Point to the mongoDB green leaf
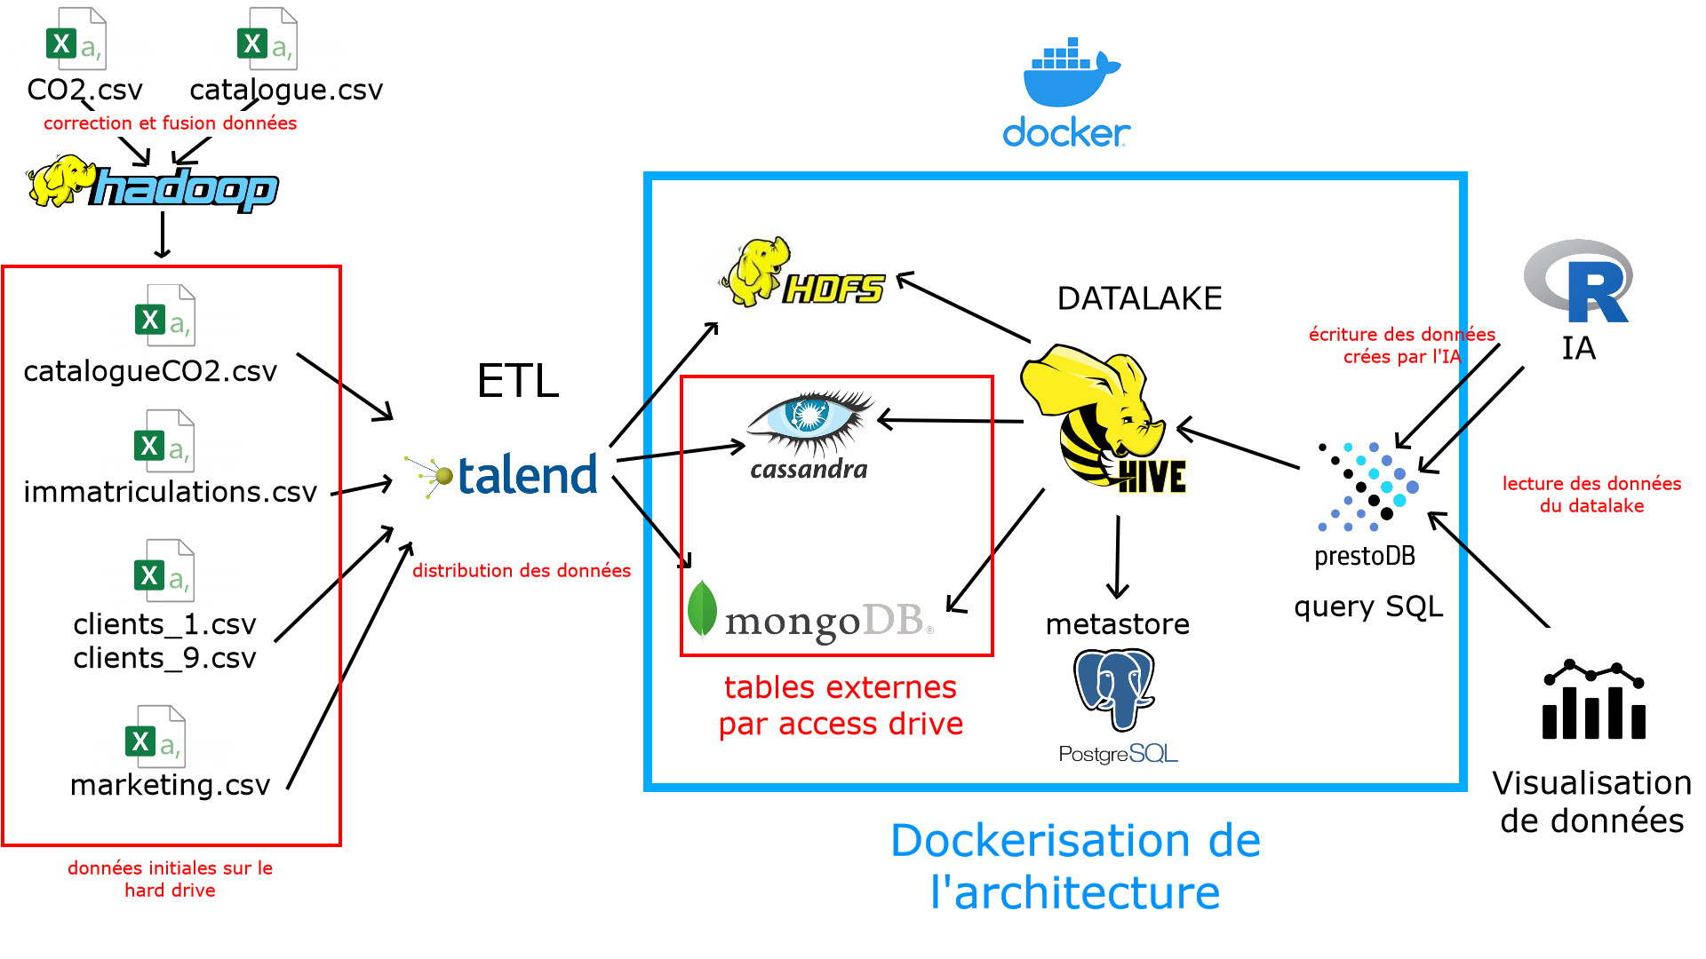point(702,608)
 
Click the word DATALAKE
point(1139,298)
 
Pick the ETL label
point(518,381)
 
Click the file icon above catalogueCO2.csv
point(165,315)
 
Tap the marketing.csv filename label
point(170,785)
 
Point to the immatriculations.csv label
point(170,491)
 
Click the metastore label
point(1117,624)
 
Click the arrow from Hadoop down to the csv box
point(162,234)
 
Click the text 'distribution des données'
point(522,570)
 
